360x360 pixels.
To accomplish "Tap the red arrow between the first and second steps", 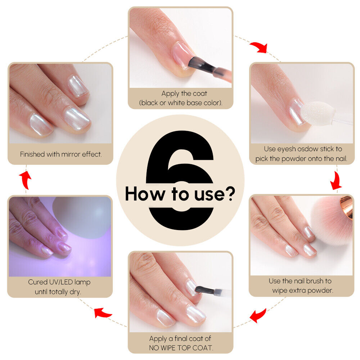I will click(259, 47).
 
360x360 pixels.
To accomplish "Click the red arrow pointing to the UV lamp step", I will click(103, 312).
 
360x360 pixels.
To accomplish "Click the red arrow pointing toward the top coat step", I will click(258, 315).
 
